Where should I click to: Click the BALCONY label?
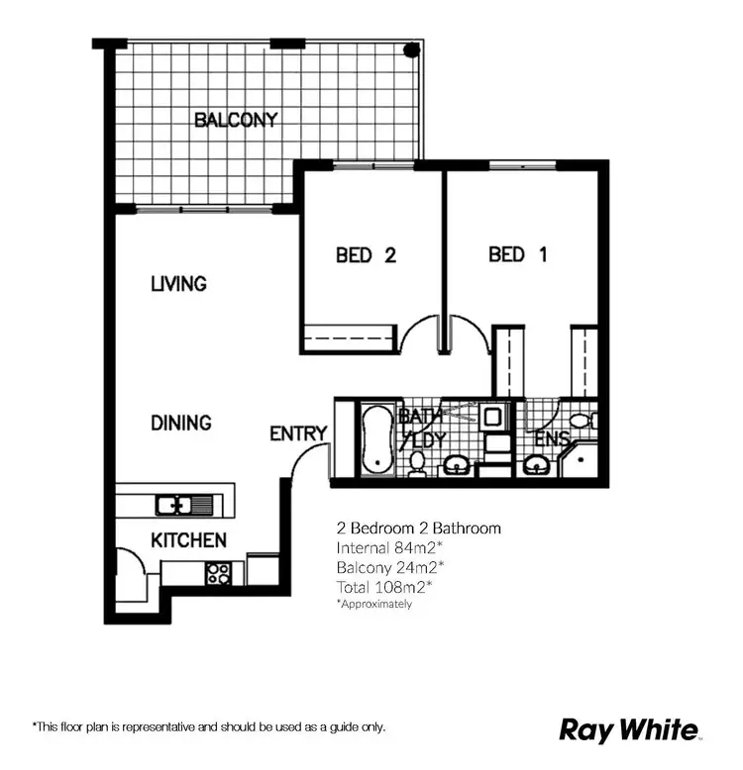click(x=236, y=121)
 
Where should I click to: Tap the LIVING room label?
click(x=178, y=284)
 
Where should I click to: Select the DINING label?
click(x=180, y=423)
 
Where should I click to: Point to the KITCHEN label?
click(x=188, y=540)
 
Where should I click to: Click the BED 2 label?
click(x=366, y=255)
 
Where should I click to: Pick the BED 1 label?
click(x=517, y=255)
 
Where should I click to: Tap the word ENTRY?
click(x=298, y=433)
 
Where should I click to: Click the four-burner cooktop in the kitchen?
click(x=218, y=573)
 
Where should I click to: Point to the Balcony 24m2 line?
click(x=390, y=567)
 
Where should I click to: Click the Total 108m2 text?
click(x=385, y=587)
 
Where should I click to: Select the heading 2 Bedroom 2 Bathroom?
click(x=418, y=529)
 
